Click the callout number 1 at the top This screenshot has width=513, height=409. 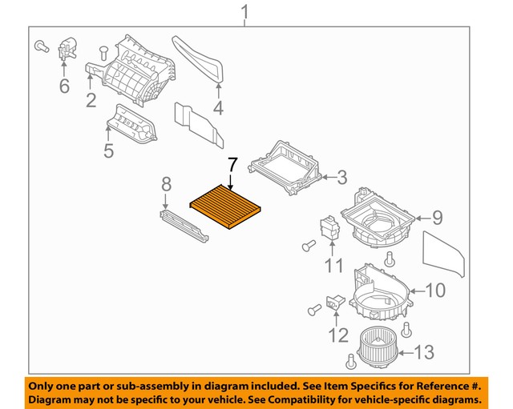point(245,13)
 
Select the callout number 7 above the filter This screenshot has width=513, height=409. point(232,165)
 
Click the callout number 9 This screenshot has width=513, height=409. point(438,216)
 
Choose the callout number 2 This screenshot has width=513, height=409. point(91,101)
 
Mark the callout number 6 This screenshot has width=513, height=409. point(64,85)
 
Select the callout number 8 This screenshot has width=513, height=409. point(167,186)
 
